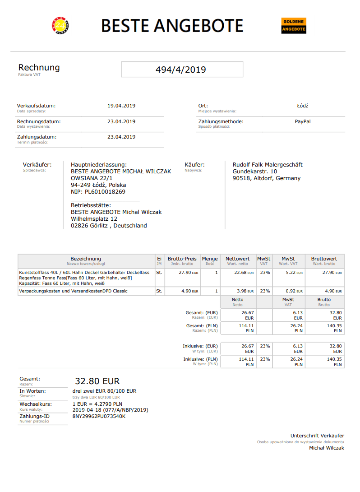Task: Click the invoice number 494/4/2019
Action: [x=181, y=70]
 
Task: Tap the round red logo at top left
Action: [x=60, y=26]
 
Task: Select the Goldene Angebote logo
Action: [x=294, y=26]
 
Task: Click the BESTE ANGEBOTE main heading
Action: [x=172, y=26]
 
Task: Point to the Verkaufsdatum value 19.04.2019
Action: [x=121, y=106]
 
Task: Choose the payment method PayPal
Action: [x=303, y=121]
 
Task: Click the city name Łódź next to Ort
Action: [x=302, y=106]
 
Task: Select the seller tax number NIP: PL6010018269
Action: [x=98, y=192]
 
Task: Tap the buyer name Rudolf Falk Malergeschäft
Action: [x=268, y=165]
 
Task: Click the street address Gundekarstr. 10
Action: [x=255, y=172]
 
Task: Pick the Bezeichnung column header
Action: [x=86, y=259]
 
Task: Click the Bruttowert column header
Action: [x=324, y=259]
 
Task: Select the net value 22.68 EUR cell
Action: [x=244, y=273]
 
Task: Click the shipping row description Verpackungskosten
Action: [x=73, y=291]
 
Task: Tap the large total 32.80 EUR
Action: [x=97, y=381]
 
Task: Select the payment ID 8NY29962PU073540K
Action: [x=99, y=416]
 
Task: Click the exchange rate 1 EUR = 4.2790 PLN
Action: [x=97, y=404]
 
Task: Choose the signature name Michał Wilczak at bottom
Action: [x=326, y=448]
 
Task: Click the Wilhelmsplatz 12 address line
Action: [x=94, y=219]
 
